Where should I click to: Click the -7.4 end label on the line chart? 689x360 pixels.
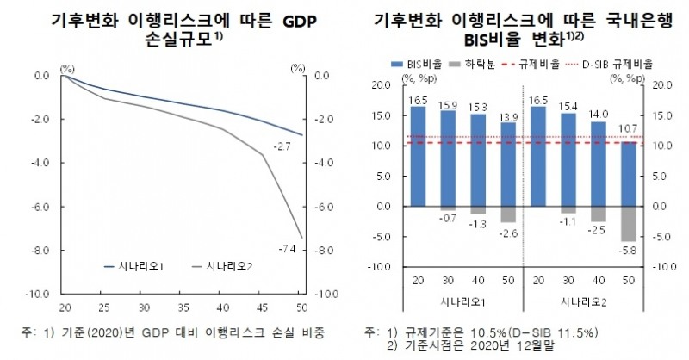[284, 249]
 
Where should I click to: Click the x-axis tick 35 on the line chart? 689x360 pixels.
[183, 307]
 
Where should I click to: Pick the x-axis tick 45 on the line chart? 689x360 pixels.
[262, 307]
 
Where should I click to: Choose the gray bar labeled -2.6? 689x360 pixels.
[509, 214]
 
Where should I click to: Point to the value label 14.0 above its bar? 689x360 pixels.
[599, 114]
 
